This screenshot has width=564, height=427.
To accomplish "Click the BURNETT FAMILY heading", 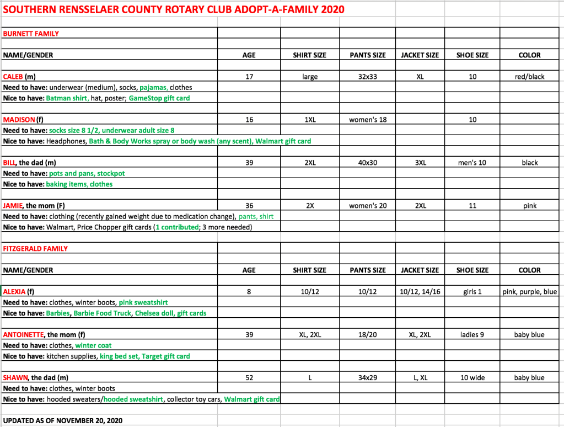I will (31, 34).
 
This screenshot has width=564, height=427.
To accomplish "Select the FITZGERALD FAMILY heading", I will (35, 249).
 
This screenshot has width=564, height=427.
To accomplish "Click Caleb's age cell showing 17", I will (249, 77).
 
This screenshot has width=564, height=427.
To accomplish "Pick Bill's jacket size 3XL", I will (420, 163).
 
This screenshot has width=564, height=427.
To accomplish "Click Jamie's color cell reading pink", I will (529, 206).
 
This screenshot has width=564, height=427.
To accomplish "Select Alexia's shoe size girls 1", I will (472, 292).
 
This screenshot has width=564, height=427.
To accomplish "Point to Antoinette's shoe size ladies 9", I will (472, 335).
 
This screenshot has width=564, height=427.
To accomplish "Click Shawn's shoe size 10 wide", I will (472, 378).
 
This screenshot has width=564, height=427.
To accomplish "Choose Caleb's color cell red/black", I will (529, 77).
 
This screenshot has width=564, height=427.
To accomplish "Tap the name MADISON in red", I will (19, 120).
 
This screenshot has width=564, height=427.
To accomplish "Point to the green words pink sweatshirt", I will (143, 302).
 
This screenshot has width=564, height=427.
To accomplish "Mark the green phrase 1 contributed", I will (177, 227).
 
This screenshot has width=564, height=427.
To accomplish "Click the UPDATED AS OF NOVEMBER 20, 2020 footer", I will (63, 421).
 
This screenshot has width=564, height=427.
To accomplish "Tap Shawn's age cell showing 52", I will (249, 378).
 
